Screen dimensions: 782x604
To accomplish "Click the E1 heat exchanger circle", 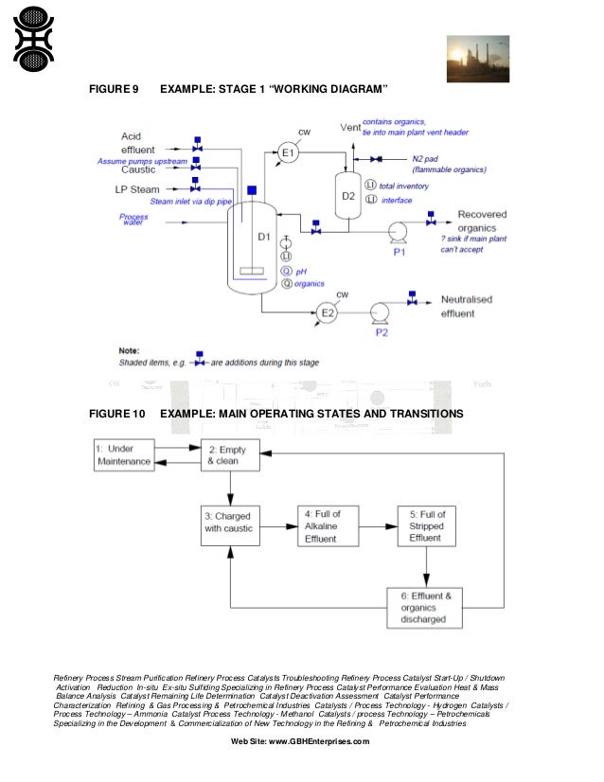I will [289, 152].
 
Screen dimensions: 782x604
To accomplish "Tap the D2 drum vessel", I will [347, 197].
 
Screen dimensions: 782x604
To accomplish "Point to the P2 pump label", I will [382, 332].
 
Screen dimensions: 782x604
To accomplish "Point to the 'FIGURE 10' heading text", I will [116, 414].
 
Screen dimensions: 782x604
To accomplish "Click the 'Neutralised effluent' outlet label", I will [467, 305].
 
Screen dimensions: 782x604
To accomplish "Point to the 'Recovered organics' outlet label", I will [484, 222].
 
